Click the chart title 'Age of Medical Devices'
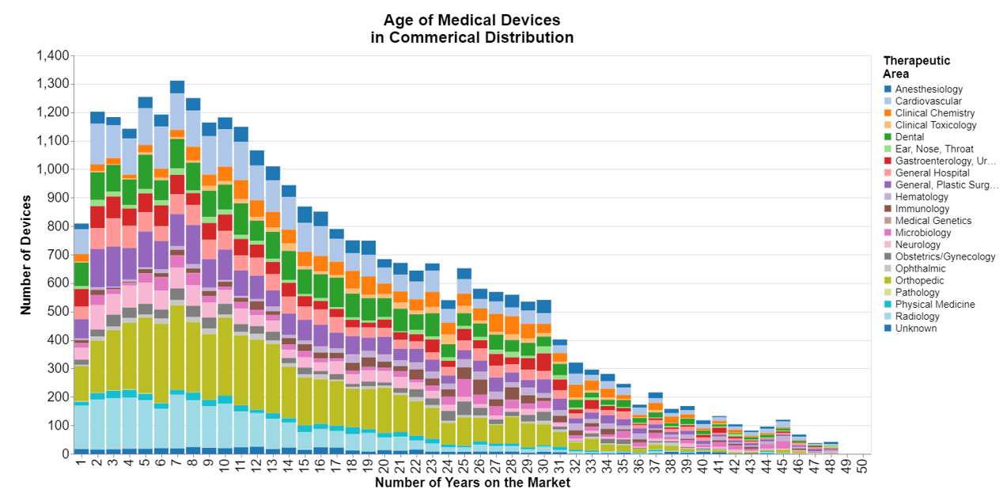[471, 21]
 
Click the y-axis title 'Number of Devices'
[27, 255]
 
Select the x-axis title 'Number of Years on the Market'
[472, 482]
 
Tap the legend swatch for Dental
[888, 137]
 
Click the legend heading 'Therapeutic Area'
[916, 66]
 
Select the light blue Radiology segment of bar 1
[81, 427]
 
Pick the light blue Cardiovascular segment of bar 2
[97, 143]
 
